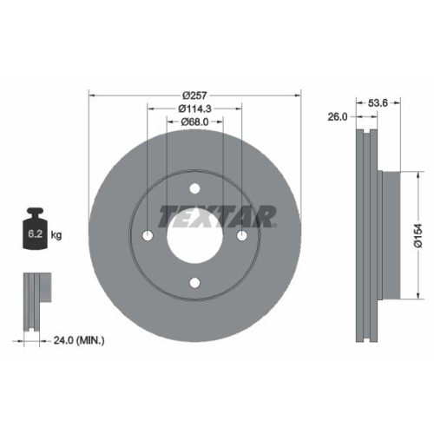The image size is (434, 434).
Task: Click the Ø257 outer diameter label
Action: [194, 95]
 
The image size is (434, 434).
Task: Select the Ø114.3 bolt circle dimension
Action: [194, 108]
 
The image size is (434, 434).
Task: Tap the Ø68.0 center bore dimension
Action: [194, 122]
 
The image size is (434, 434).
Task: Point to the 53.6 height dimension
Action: [378, 102]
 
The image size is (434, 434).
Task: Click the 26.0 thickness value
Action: [338, 115]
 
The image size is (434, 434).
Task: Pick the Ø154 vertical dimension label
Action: [418, 234]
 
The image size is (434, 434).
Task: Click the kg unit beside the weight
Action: [57, 235]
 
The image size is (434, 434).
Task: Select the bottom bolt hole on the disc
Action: [194, 281]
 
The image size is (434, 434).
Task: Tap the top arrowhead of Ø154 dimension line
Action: [418, 174]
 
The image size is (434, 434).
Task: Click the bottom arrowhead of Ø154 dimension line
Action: [418, 295]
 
